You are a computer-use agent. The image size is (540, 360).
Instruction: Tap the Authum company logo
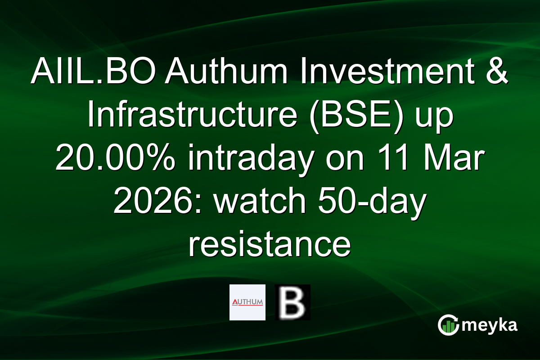coord(247,302)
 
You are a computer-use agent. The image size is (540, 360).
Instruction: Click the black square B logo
coord(292,302)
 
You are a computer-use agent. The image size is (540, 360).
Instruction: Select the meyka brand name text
coord(491,325)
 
